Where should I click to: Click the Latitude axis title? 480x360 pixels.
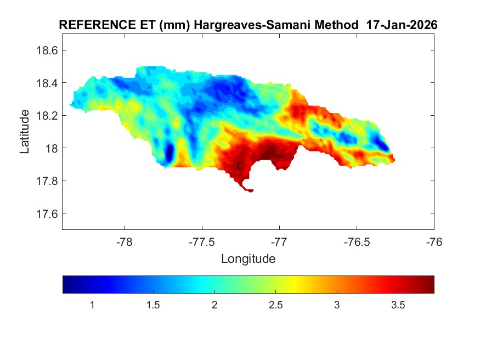[25, 131]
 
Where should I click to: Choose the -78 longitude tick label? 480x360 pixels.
[125, 241]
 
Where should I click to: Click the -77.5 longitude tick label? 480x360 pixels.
[202, 241]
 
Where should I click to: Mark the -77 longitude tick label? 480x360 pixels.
[279, 241]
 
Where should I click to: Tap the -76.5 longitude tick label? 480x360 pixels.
[357, 241]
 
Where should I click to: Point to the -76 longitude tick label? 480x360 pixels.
[434, 241]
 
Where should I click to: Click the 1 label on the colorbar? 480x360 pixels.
[92, 305]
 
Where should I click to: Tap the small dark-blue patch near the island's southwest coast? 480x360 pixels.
[169, 151]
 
